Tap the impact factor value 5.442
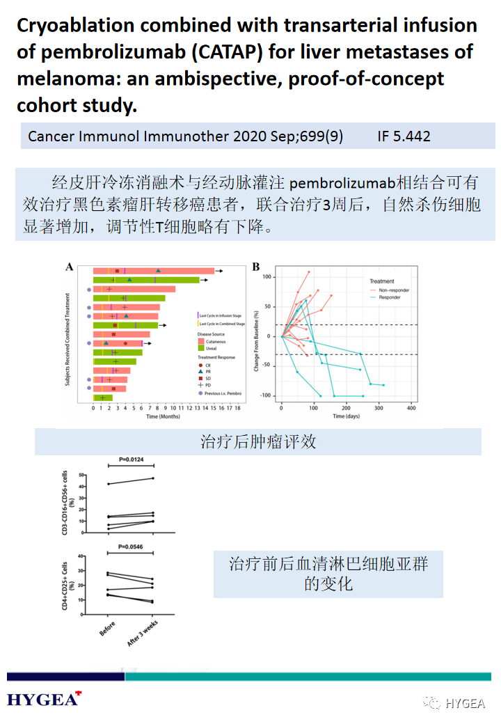pos(412,136)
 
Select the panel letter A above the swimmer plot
pos(69,267)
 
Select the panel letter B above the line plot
pos(256,267)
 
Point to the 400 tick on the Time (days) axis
pos(411,407)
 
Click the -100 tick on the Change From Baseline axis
pos(265,395)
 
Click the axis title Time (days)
pos(347,416)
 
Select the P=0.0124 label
pos(130,459)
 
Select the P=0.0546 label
pos(130,547)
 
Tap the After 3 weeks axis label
pos(143,633)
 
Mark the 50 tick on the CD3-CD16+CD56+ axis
pos(81,475)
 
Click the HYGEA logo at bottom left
pos(43,699)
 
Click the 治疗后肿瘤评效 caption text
pos(257,442)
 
